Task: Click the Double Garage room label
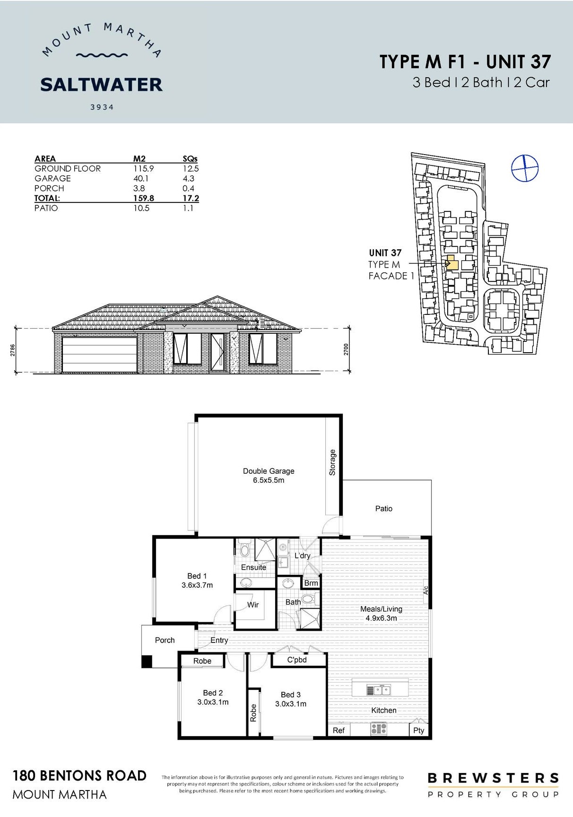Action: tap(269, 471)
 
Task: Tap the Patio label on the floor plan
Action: tap(384, 509)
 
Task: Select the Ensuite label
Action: tap(254, 567)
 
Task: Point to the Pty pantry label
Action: tap(419, 730)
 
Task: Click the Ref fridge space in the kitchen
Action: tap(339, 730)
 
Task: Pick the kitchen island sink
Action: tap(379, 690)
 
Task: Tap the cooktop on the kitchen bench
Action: tap(379, 729)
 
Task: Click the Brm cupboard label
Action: tap(311, 583)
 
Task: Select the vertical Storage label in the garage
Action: tap(332, 462)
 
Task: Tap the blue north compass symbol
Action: tap(525, 168)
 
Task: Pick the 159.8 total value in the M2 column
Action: tap(144, 198)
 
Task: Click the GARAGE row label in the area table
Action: tap(52, 178)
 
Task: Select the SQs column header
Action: tap(190, 159)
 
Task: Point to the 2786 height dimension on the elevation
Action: tap(13, 350)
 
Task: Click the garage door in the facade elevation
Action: tap(99, 355)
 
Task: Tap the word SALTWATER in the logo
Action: tap(102, 85)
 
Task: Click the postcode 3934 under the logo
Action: tap(102, 107)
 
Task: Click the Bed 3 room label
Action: tap(291, 695)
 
